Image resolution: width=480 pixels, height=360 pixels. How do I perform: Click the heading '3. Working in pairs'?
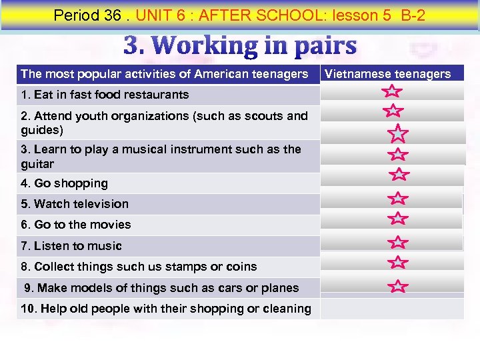click(240, 46)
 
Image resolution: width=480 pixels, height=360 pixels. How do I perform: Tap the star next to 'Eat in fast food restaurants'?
click(393, 91)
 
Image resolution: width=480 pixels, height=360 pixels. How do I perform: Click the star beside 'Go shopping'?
click(399, 175)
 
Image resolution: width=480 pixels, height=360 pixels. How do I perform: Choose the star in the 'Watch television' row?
click(398, 198)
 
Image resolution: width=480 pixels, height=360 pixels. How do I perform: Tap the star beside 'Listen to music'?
click(398, 242)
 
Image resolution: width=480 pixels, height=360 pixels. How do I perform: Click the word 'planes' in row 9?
click(282, 288)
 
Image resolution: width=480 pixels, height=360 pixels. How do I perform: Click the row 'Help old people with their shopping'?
click(166, 309)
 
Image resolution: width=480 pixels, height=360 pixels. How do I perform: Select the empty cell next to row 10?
click(392, 309)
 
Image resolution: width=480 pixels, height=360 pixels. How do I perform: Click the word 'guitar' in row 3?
click(37, 164)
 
